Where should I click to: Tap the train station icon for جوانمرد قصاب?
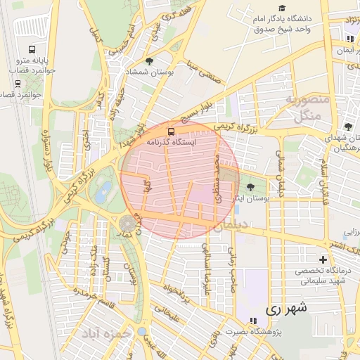click(17, 82)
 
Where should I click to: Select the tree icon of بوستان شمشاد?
click(148, 62)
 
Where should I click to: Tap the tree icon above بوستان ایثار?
click(251, 187)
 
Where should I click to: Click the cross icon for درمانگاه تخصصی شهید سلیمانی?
click(323, 260)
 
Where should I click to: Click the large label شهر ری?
click(287, 309)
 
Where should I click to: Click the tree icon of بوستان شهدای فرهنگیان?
click(349, 126)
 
